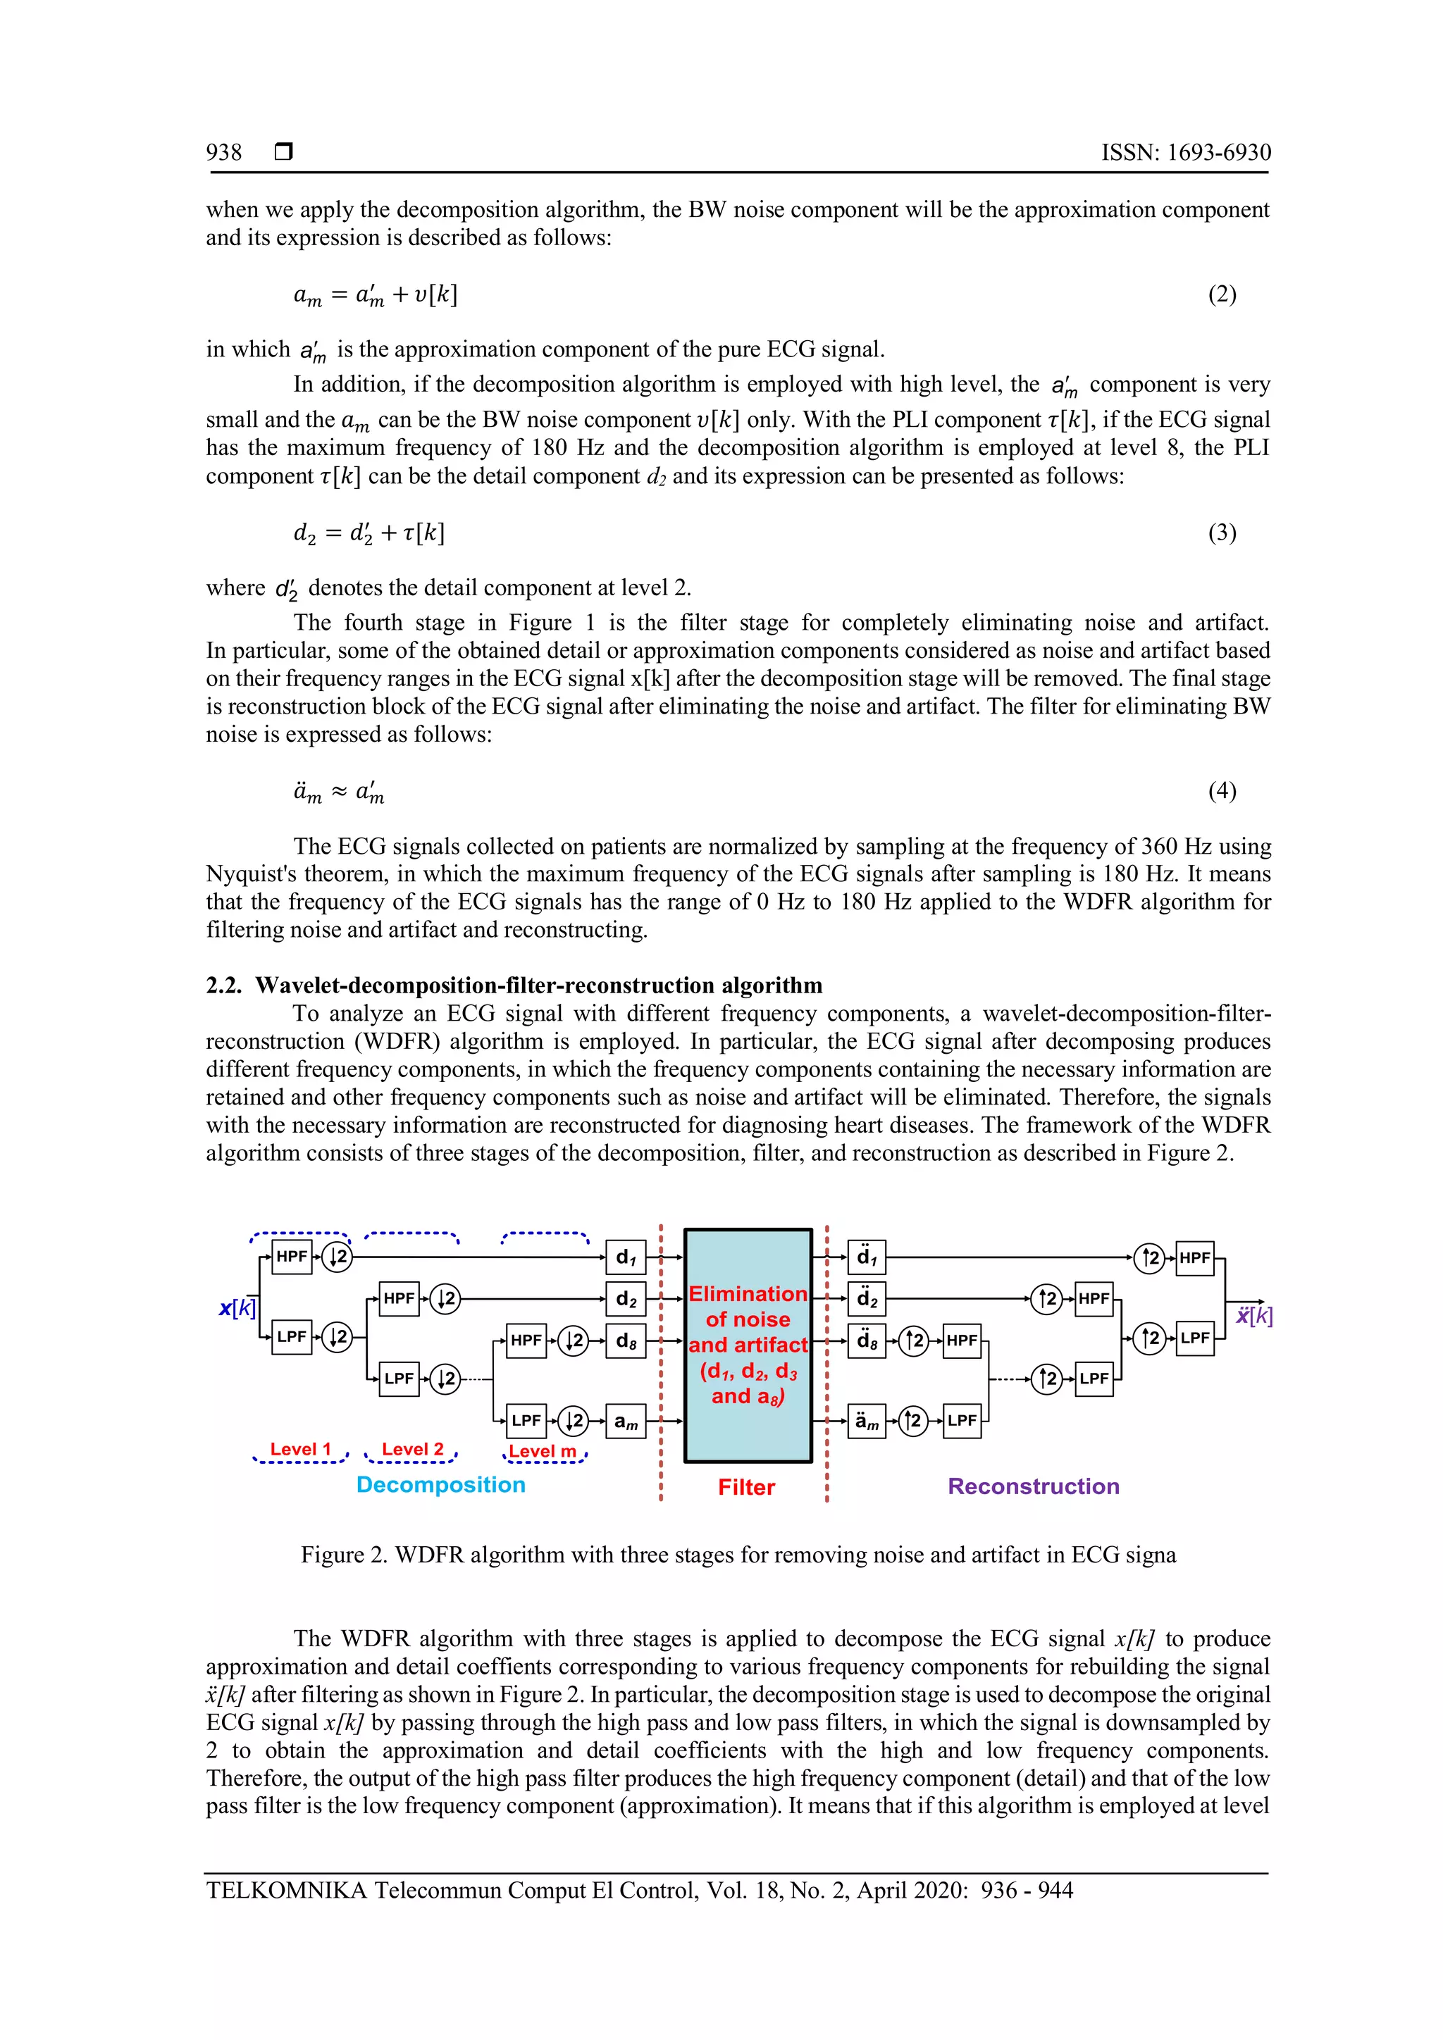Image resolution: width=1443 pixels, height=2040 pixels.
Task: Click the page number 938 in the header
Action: [224, 153]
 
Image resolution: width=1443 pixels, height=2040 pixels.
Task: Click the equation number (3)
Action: [1222, 533]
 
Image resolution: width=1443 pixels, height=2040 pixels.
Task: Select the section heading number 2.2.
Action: [224, 985]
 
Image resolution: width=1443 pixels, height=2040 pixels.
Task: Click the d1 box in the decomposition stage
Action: [626, 1257]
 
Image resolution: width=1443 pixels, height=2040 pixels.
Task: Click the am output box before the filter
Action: [626, 1421]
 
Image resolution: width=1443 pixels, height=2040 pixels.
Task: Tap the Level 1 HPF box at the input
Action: [292, 1257]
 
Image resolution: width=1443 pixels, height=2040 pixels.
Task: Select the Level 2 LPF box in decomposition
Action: [399, 1379]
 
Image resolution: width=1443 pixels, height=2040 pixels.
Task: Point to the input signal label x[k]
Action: [237, 1308]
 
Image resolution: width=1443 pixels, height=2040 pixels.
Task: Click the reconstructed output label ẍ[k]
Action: [1253, 1316]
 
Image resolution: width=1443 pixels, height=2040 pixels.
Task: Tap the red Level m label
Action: [542, 1451]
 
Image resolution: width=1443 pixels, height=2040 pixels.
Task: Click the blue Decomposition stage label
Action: [440, 1485]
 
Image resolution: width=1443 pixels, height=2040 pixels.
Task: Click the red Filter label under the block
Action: [746, 1487]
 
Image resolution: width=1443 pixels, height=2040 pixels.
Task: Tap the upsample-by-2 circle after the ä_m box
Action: [912, 1421]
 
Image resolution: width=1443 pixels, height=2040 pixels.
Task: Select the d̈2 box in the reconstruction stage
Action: [867, 1299]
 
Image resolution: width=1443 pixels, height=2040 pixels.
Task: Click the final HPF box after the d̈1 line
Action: [1194, 1257]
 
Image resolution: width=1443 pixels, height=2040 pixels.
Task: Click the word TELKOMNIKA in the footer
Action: [286, 1890]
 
